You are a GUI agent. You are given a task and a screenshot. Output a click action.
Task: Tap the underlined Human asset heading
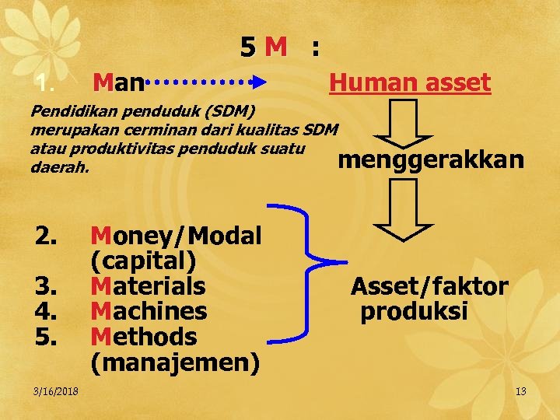[x=410, y=82]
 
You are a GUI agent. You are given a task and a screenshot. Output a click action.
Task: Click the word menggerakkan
[x=431, y=160]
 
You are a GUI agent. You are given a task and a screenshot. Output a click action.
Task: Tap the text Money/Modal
[x=176, y=235]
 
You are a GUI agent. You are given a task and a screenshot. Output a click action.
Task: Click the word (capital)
[x=142, y=261]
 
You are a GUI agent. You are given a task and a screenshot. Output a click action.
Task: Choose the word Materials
[x=148, y=286]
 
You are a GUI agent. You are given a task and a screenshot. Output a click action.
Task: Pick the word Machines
[x=149, y=311]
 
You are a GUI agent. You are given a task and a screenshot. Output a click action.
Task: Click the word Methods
[x=143, y=337]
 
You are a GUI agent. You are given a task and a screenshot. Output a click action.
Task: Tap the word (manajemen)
[x=175, y=362]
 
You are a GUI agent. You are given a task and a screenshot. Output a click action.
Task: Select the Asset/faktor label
[x=429, y=286]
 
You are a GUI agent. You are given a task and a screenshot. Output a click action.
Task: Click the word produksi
[x=414, y=311]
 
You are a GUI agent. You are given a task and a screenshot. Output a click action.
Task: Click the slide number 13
[x=520, y=390]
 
